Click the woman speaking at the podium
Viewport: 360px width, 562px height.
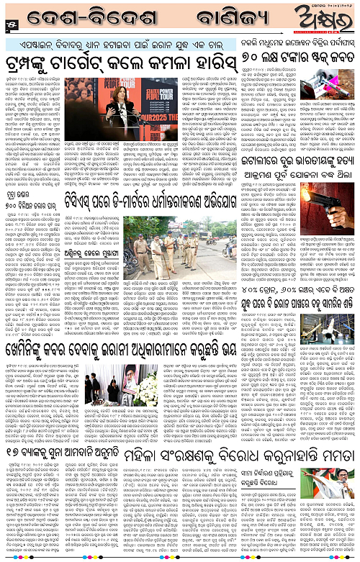click(117, 89)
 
